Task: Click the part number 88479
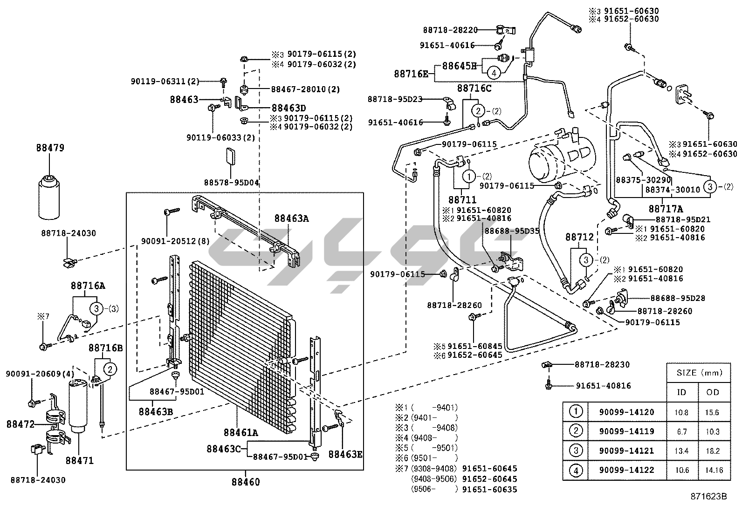[x=50, y=148]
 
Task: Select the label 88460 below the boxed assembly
[x=246, y=482]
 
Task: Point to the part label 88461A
[x=240, y=433]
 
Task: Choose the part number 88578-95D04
[x=231, y=183]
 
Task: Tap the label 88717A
[x=666, y=209]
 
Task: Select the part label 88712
[x=579, y=237]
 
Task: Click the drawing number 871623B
[x=708, y=496]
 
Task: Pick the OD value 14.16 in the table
[x=713, y=470]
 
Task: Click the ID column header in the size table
[x=681, y=392]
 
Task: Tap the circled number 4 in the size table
[x=576, y=470]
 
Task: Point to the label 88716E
[x=411, y=73]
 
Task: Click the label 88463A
[x=291, y=218]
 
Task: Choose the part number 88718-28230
[x=602, y=364]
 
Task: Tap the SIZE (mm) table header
[x=698, y=372]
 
